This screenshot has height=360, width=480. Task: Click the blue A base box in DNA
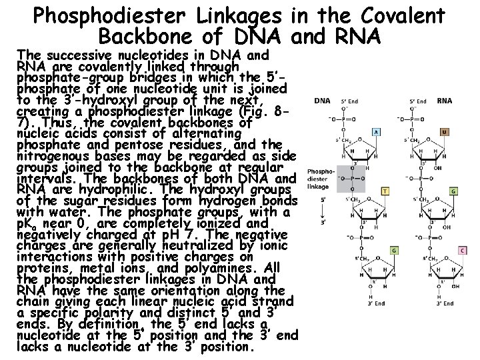click(378, 131)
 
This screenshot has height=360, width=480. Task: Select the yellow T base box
click(385, 191)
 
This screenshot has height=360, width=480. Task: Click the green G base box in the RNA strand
click(455, 191)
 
